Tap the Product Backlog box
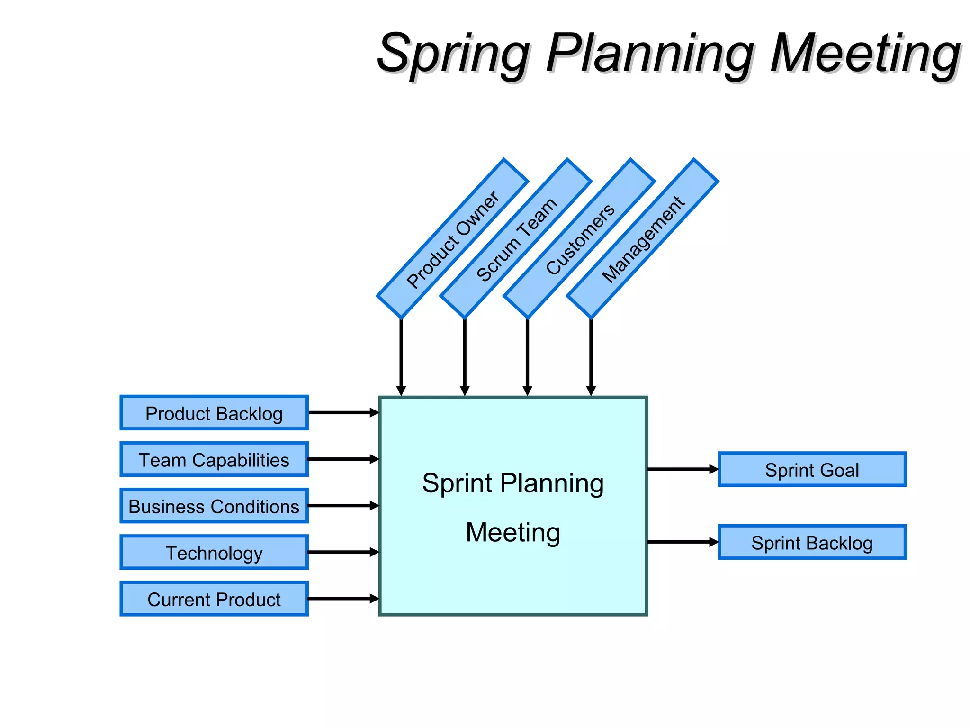coord(214,413)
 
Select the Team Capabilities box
coord(214,459)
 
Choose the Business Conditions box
coord(214,506)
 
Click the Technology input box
coord(214,552)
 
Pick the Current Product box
coord(214,599)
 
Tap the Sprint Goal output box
coord(812,469)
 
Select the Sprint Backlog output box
coord(812,542)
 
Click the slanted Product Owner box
coord(452,238)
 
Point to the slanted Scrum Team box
coord(516,238)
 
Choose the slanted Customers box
coord(579,238)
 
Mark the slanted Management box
coord(642,238)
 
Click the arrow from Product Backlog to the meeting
coord(343,413)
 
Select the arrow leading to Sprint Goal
coord(682,469)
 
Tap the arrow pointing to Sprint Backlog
coord(682,542)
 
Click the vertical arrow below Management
coord(591,355)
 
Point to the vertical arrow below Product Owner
coord(401,355)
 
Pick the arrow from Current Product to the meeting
coord(343,599)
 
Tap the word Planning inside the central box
coord(552,483)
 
